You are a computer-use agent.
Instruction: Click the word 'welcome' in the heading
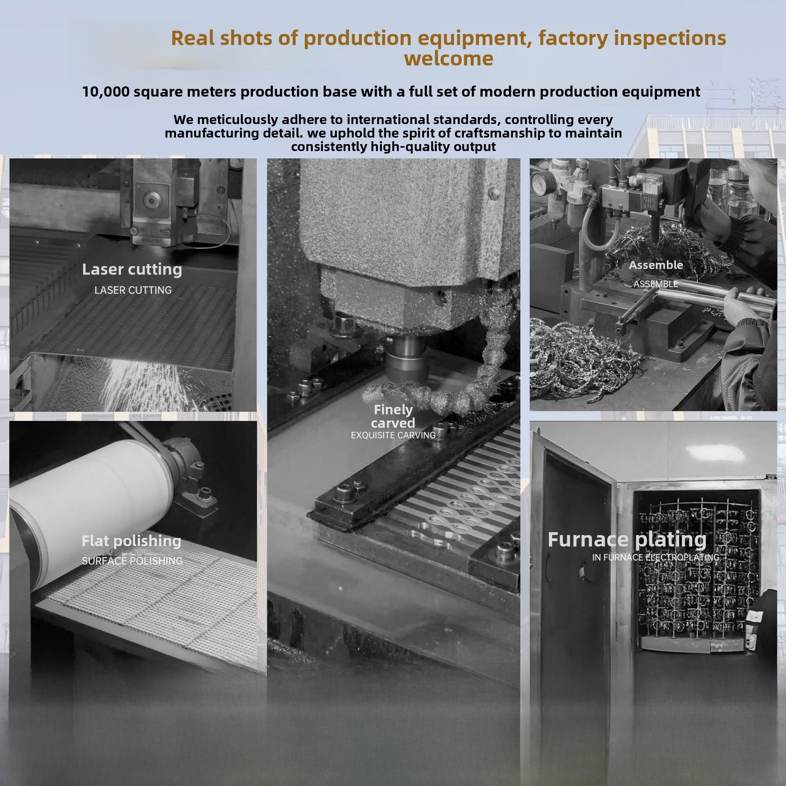point(449,58)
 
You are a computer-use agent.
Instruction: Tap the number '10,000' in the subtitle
point(106,92)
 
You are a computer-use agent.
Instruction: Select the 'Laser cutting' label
point(132,269)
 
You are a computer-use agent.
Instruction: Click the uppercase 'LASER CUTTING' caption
point(133,290)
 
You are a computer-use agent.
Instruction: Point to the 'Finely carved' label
point(393,416)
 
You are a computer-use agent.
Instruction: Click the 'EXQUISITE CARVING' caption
point(393,435)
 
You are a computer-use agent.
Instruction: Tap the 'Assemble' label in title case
point(656,265)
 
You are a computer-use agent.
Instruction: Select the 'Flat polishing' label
point(131,541)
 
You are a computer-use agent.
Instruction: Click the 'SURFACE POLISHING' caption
point(132,561)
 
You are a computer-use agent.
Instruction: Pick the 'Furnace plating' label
point(627,540)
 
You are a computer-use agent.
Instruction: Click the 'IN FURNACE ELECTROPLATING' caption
point(655,557)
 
